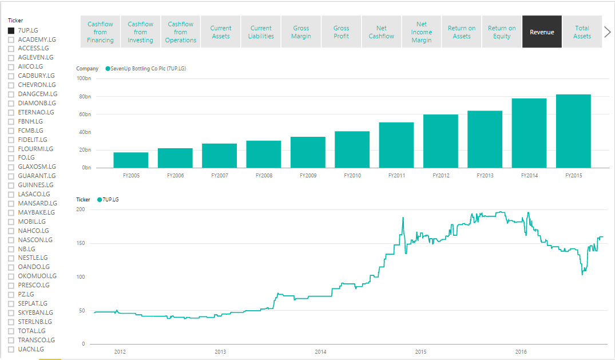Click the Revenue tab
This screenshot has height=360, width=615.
(542, 32)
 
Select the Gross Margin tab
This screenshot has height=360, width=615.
(301, 32)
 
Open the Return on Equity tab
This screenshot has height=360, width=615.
(502, 32)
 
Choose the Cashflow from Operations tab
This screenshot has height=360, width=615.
(181, 32)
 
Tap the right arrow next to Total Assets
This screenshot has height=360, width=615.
(608, 32)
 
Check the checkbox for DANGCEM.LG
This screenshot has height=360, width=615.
(11, 94)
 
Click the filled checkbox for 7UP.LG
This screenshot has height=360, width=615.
(11, 30)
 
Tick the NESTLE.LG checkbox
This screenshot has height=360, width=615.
(11, 258)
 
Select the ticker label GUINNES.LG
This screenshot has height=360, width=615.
(35, 185)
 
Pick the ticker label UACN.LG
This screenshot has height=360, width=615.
(30, 349)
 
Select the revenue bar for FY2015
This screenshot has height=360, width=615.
(573, 131)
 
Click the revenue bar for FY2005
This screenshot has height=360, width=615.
(130, 160)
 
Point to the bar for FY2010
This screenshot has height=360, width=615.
(352, 149)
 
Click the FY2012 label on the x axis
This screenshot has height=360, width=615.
(441, 176)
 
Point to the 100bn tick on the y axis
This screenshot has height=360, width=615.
(84, 78)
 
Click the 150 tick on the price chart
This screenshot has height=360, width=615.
(81, 243)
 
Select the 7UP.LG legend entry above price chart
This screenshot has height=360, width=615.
(110, 200)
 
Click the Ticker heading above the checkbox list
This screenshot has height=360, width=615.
(15, 20)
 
